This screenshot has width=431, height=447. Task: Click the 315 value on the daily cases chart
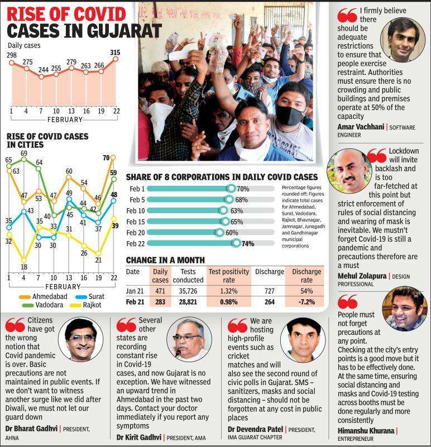[115, 52]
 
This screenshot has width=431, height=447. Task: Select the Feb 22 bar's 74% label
[247, 244]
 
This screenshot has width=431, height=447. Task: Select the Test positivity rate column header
[228, 276]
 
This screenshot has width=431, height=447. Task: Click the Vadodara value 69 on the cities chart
[25, 153]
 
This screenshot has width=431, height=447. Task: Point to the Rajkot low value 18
[24, 267]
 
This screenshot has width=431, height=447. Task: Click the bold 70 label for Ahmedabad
[106, 158]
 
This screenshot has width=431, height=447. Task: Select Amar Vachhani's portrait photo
[403, 40]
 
